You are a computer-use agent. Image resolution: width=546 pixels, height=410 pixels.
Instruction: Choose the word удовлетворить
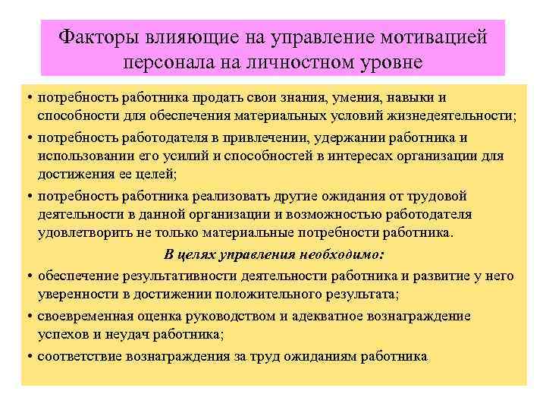point(79,232)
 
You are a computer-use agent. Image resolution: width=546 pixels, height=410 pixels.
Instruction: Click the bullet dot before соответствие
point(29,355)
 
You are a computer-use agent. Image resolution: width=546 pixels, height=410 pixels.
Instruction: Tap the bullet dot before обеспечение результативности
point(29,275)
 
